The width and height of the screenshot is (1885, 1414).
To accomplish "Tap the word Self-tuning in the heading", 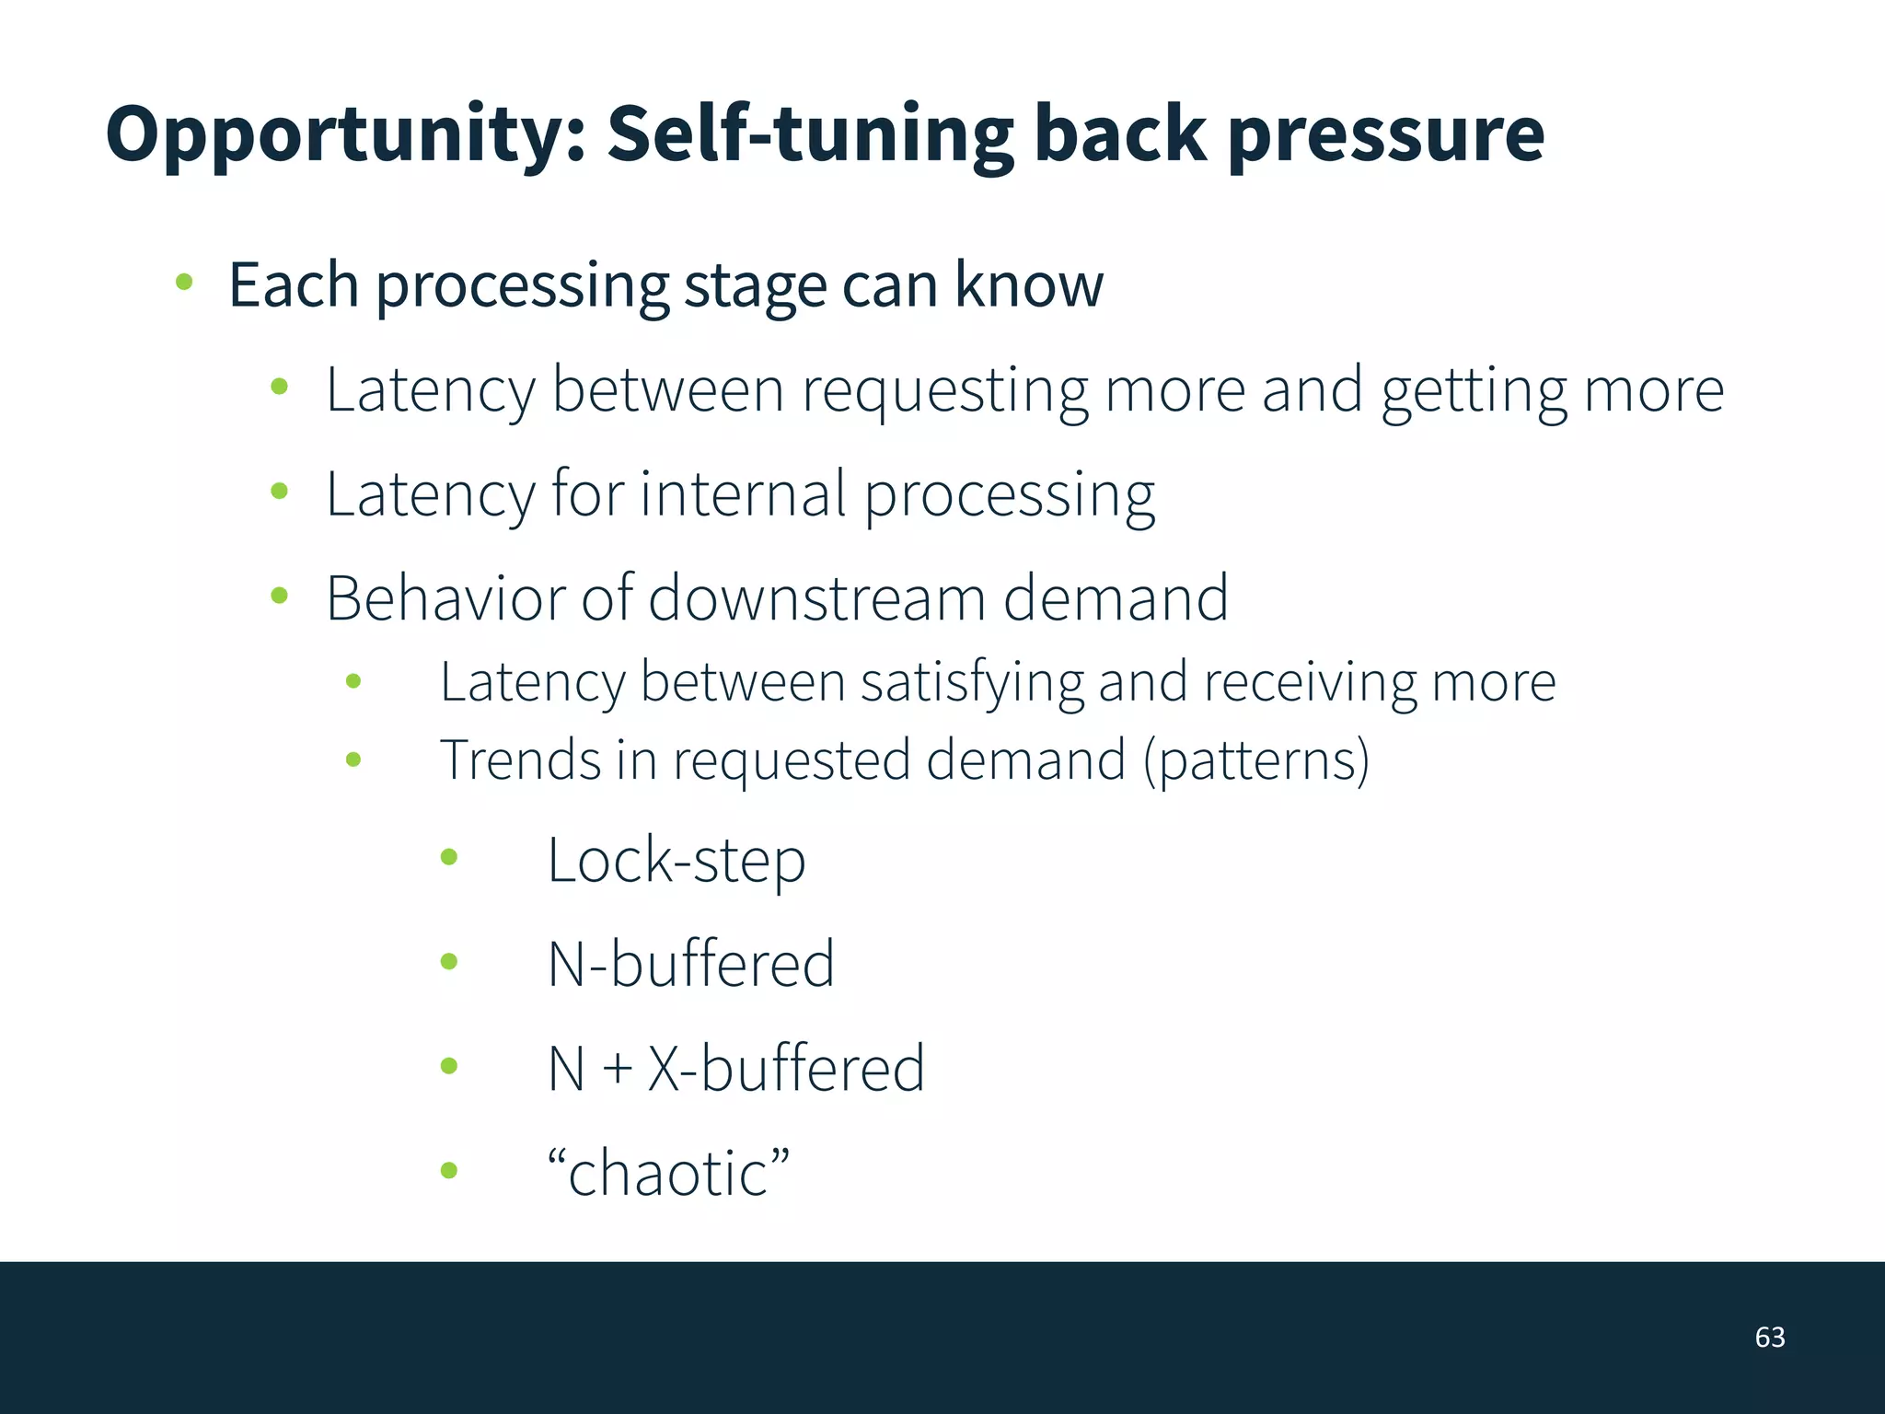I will click(810, 134).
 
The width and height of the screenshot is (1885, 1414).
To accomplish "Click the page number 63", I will click(1769, 1337).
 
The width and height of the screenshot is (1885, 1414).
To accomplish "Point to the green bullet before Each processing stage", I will click(184, 282).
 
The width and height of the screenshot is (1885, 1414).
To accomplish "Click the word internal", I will click(742, 494).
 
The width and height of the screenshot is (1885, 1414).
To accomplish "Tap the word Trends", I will click(520, 760).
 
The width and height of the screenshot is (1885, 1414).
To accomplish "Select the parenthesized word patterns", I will click(1256, 762).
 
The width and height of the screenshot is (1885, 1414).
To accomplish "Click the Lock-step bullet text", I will click(676, 862).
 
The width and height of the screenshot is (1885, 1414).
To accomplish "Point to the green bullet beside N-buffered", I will click(449, 962).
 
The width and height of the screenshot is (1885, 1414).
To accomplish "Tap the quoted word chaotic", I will click(668, 1174).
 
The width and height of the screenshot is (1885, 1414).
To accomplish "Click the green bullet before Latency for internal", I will click(280, 492).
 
